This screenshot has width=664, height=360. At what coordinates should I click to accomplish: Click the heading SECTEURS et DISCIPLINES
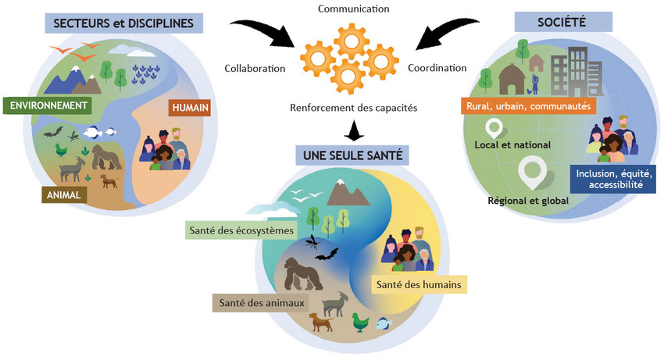coord(123,23)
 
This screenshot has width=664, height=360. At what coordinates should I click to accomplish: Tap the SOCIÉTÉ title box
coord(563,22)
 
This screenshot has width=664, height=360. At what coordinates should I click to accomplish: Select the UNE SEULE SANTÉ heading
coord(353,155)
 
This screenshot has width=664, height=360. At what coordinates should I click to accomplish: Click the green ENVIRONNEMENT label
coord(48,105)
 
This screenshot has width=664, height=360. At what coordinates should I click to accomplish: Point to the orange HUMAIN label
coord(190,108)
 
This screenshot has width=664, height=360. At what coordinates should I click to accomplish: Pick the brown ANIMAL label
coord(64,195)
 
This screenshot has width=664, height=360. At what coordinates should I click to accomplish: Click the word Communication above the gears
coord(354,9)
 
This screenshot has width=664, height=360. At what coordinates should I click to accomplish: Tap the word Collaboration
coord(255,68)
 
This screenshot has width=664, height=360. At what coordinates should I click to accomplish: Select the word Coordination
coord(437,68)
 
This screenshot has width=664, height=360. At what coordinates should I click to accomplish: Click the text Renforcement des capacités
coord(354,108)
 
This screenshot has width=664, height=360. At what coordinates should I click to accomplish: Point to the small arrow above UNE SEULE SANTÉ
coord(354,130)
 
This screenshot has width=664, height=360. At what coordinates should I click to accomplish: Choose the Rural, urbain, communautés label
coord(529,106)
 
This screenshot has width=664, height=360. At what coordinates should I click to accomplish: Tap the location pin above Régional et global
coord(532,172)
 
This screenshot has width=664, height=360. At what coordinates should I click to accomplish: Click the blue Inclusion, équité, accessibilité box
coord(613,179)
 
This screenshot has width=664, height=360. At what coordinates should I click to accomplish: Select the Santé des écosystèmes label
coord(241,230)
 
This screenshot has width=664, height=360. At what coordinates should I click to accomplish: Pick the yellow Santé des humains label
coord(419,284)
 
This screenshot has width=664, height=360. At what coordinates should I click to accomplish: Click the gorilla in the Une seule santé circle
coord(301,274)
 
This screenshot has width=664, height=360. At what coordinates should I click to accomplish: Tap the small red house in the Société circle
coord(536,62)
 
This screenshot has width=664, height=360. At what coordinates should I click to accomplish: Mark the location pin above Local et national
coord(494,128)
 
